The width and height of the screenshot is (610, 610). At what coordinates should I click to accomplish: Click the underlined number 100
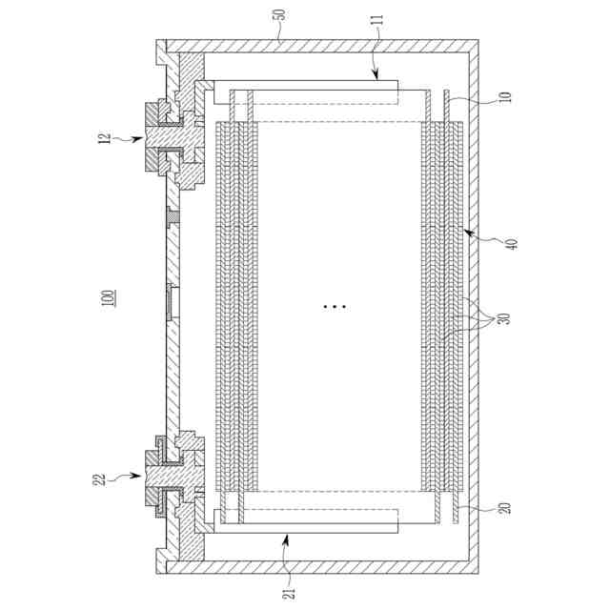coord(108,296)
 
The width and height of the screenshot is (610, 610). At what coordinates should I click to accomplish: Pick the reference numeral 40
coord(511,244)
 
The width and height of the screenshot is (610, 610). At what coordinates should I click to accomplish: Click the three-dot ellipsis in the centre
coord(335,307)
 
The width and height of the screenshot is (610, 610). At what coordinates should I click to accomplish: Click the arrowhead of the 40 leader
coord(467,230)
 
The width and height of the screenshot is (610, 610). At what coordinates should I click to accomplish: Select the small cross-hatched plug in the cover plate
coord(172,218)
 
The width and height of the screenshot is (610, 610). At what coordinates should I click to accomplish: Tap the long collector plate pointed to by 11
coord(305,92)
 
